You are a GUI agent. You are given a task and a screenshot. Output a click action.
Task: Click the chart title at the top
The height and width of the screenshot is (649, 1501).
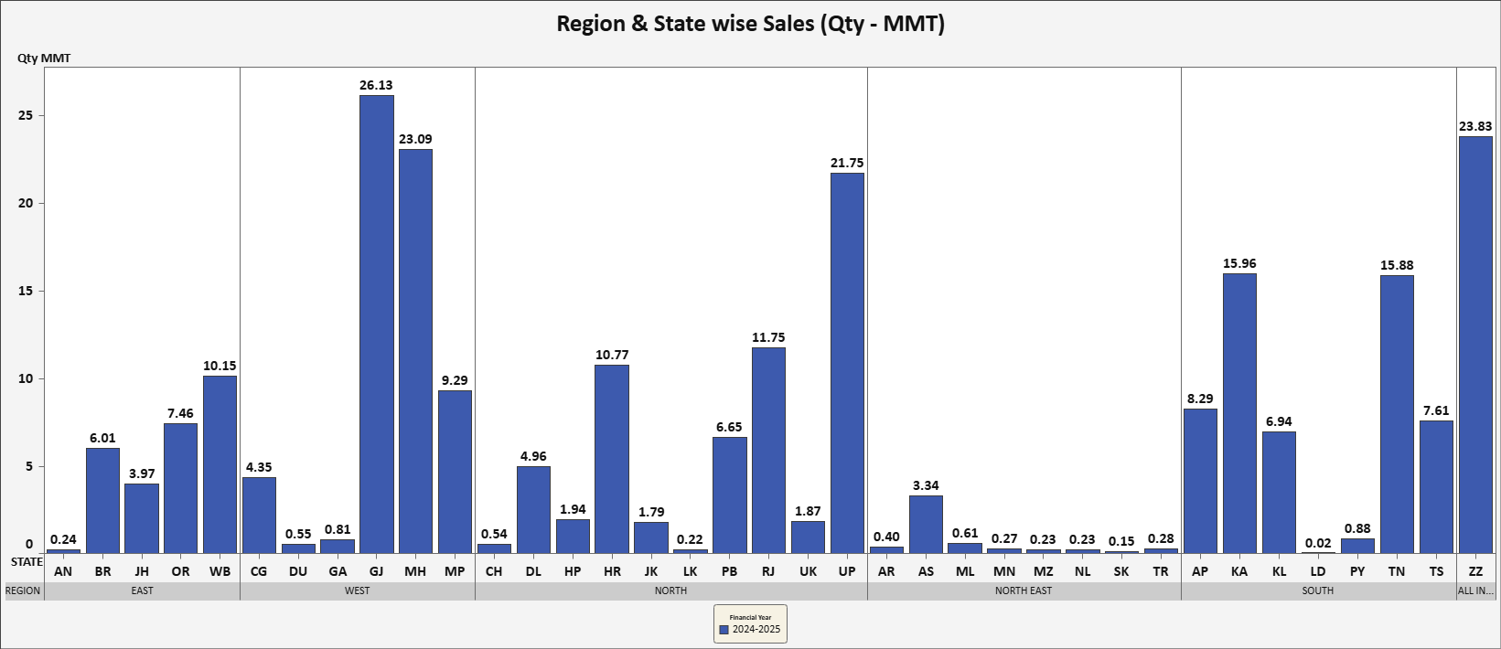pyautogui.click(x=750, y=23)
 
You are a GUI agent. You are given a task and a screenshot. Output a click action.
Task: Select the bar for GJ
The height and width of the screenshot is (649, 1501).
pyautogui.click(x=376, y=324)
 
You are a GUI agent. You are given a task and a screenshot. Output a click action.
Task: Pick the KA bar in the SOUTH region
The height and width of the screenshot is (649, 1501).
pyautogui.click(x=1239, y=413)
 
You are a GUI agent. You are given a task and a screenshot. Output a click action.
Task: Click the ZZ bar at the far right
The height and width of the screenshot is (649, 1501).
pyautogui.click(x=1475, y=345)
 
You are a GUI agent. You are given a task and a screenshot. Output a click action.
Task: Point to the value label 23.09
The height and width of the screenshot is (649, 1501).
pyautogui.click(x=415, y=139)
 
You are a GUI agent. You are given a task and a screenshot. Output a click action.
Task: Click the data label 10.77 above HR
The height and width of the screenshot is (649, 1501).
pyautogui.click(x=612, y=355)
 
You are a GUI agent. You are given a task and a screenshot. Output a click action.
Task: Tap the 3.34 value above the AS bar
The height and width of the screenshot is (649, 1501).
pyautogui.click(x=926, y=485)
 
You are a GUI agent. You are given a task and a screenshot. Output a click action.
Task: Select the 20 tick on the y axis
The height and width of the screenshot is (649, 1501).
pyautogui.click(x=26, y=203)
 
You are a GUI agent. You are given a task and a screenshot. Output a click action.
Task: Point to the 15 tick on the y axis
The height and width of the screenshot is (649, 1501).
pyautogui.click(x=26, y=291)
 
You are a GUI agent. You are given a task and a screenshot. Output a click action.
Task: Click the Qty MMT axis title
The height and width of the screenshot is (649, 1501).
pyautogui.click(x=44, y=59)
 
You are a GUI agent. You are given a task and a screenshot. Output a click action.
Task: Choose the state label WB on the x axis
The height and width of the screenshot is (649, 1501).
pyautogui.click(x=220, y=571)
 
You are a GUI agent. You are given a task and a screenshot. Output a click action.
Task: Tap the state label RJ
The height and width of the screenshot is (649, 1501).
pyautogui.click(x=768, y=571)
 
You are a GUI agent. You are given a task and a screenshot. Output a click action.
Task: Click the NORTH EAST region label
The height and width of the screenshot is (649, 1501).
pyautogui.click(x=1024, y=590)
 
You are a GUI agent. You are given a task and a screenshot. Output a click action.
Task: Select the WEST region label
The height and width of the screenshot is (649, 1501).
pyautogui.click(x=357, y=590)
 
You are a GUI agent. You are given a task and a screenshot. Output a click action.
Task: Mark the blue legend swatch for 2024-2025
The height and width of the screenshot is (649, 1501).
pyautogui.click(x=724, y=630)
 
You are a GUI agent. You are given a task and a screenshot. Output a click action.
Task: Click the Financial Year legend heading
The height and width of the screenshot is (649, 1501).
pyautogui.click(x=750, y=617)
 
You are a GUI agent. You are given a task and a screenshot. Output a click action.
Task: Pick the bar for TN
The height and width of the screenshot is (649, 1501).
pyautogui.click(x=1397, y=414)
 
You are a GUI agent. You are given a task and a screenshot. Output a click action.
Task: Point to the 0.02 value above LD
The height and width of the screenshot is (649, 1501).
pyautogui.click(x=1318, y=543)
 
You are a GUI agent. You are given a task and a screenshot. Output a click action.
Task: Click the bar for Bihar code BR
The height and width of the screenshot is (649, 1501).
pyautogui.click(x=102, y=501)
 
